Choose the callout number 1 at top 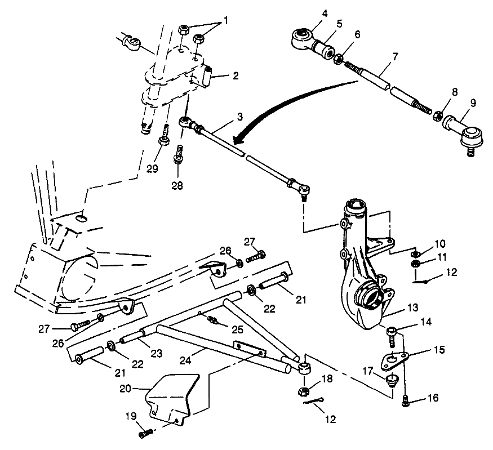pyautogui.click(x=226, y=20)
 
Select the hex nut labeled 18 pyautogui.click(x=303, y=389)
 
